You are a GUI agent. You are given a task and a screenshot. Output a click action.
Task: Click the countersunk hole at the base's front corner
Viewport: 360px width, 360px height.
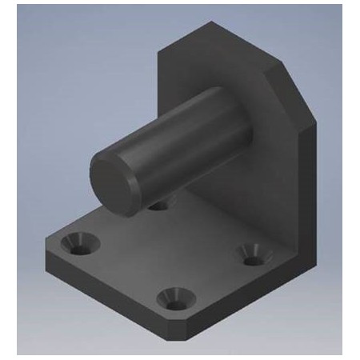[x=174, y=300]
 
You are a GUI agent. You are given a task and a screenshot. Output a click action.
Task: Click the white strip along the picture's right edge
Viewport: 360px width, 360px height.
[x=351, y=180]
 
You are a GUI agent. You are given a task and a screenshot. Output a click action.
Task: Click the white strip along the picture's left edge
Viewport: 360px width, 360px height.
[x=8, y=180]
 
